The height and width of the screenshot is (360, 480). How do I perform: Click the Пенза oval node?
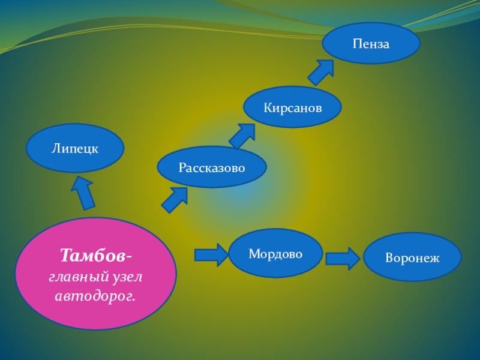pos(371,43)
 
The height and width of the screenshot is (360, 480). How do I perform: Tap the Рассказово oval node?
pos(211,167)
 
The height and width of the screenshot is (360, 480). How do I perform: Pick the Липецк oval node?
pos(75,148)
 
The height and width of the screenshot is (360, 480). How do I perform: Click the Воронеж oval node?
pos(412,258)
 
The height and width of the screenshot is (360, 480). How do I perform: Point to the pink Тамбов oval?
pos(95,273)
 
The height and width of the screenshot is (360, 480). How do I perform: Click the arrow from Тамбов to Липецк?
pos(83,192)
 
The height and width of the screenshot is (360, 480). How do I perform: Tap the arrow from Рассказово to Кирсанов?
pos(241,136)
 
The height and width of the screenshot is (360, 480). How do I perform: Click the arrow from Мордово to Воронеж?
pos(343,259)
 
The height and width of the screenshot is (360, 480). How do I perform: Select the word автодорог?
pos(95,296)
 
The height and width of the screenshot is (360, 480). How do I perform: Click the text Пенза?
pos(371,44)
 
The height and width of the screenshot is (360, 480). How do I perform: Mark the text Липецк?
pos(75,148)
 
